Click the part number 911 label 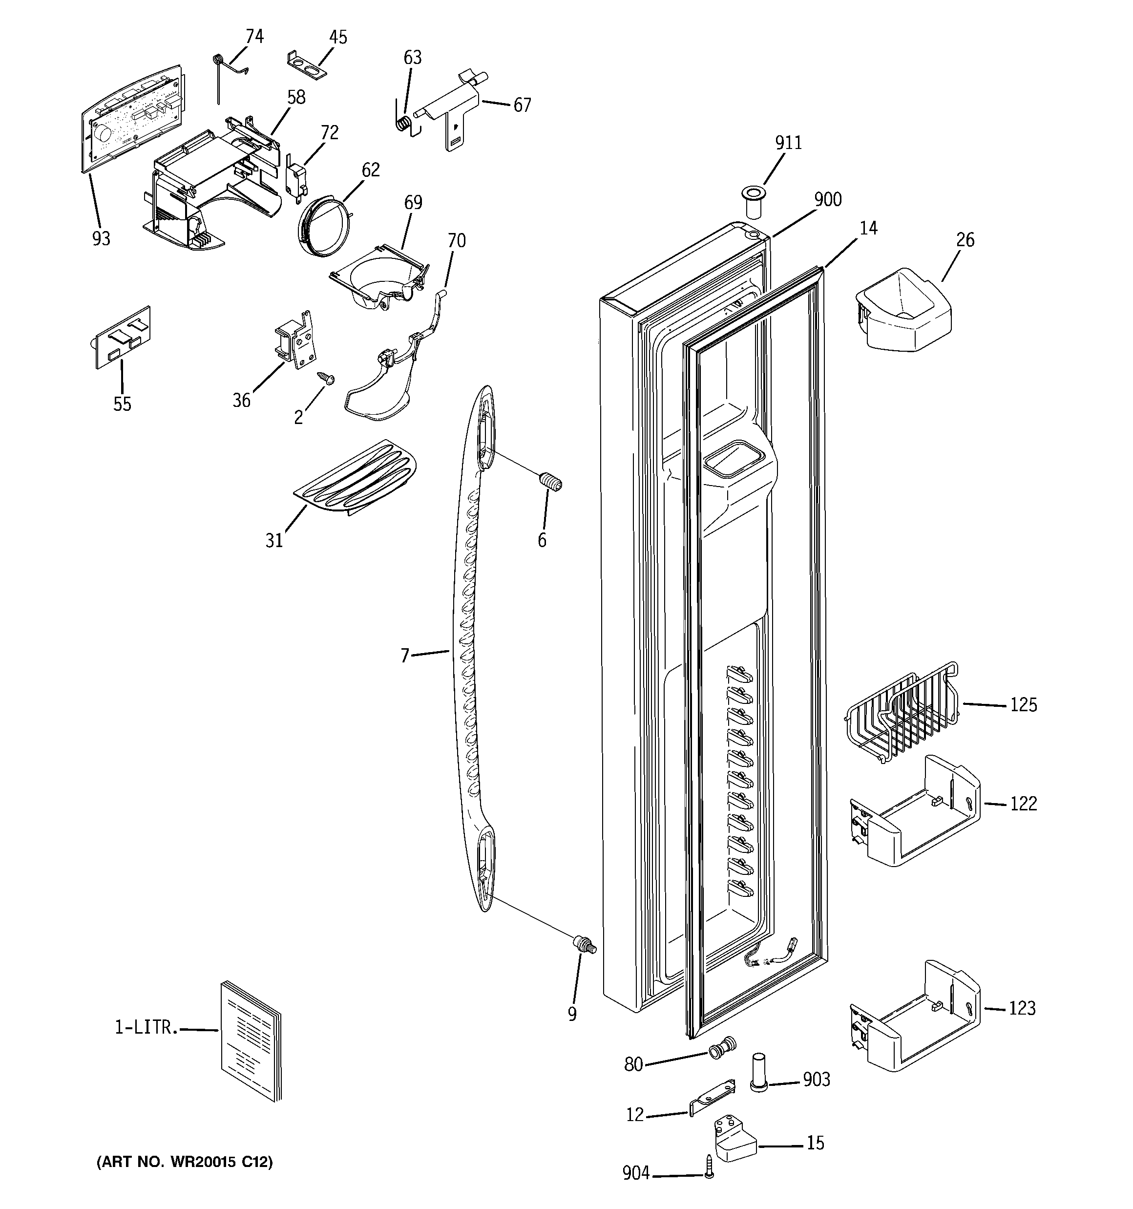pyautogui.click(x=788, y=143)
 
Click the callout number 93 pyautogui.click(x=101, y=238)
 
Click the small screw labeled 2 pyautogui.click(x=324, y=378)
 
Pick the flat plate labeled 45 pyautogui.click(x=307, y=65)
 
